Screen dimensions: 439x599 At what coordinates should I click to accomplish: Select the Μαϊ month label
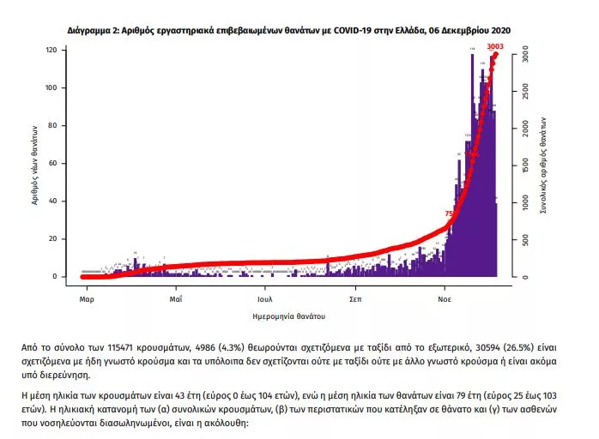(x=175, y=299)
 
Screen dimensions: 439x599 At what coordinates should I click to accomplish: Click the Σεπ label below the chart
(x=354, y=299)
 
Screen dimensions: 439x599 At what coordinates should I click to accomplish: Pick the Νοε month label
(x=444, y=299)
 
